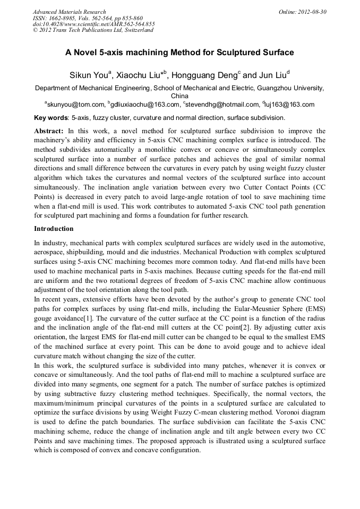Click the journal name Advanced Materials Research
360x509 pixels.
[69, 12]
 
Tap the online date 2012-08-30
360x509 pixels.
[313, 12]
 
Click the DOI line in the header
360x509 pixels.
[93, 24]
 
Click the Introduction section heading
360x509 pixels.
[54, 229]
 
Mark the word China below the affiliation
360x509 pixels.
[179, 96]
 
